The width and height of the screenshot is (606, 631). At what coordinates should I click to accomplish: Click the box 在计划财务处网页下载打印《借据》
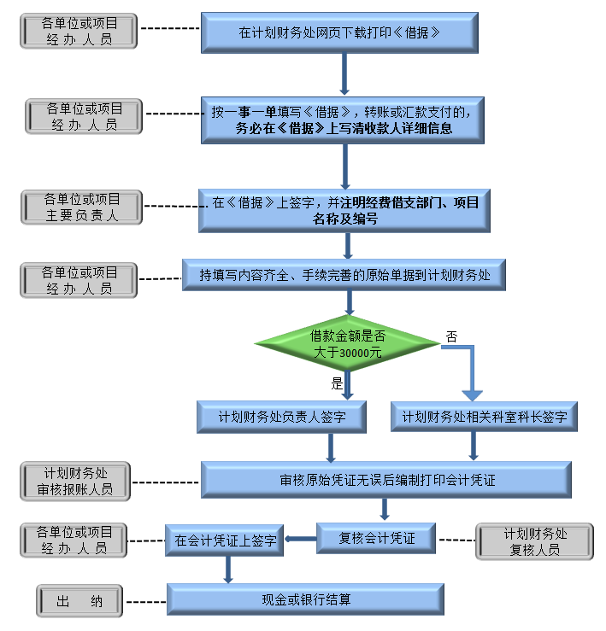click(x=338, y=33)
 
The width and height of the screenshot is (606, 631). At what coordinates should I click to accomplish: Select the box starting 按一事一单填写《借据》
click(x=343, y=120)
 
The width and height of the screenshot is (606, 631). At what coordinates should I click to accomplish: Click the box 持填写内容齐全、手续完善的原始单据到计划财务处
click(x=344, y=275)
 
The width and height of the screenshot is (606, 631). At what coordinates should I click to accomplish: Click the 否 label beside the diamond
click(x=451, y=337)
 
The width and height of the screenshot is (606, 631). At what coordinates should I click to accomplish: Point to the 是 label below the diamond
click(x=337, y=383)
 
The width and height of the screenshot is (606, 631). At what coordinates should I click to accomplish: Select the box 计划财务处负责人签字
click(x=281, y=418)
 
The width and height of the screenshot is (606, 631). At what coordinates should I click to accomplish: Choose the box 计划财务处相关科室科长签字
click(x=484, y=418)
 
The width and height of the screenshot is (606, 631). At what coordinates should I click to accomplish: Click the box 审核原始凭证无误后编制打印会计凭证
click(x=386, y=480)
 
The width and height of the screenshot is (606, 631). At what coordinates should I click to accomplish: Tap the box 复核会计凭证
click(x=376, y=538)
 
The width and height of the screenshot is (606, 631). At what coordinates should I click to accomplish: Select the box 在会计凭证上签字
click(x=225, y=540)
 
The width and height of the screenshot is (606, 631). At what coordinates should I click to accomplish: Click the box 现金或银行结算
click(x=305, y=599)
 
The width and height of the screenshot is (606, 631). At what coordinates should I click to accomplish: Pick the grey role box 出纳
click(x=79, y=601)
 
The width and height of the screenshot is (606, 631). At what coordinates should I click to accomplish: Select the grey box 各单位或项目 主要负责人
click(x=82, y=207)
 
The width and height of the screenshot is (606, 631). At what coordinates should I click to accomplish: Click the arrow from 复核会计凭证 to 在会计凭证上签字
click(x=300, y=538)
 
